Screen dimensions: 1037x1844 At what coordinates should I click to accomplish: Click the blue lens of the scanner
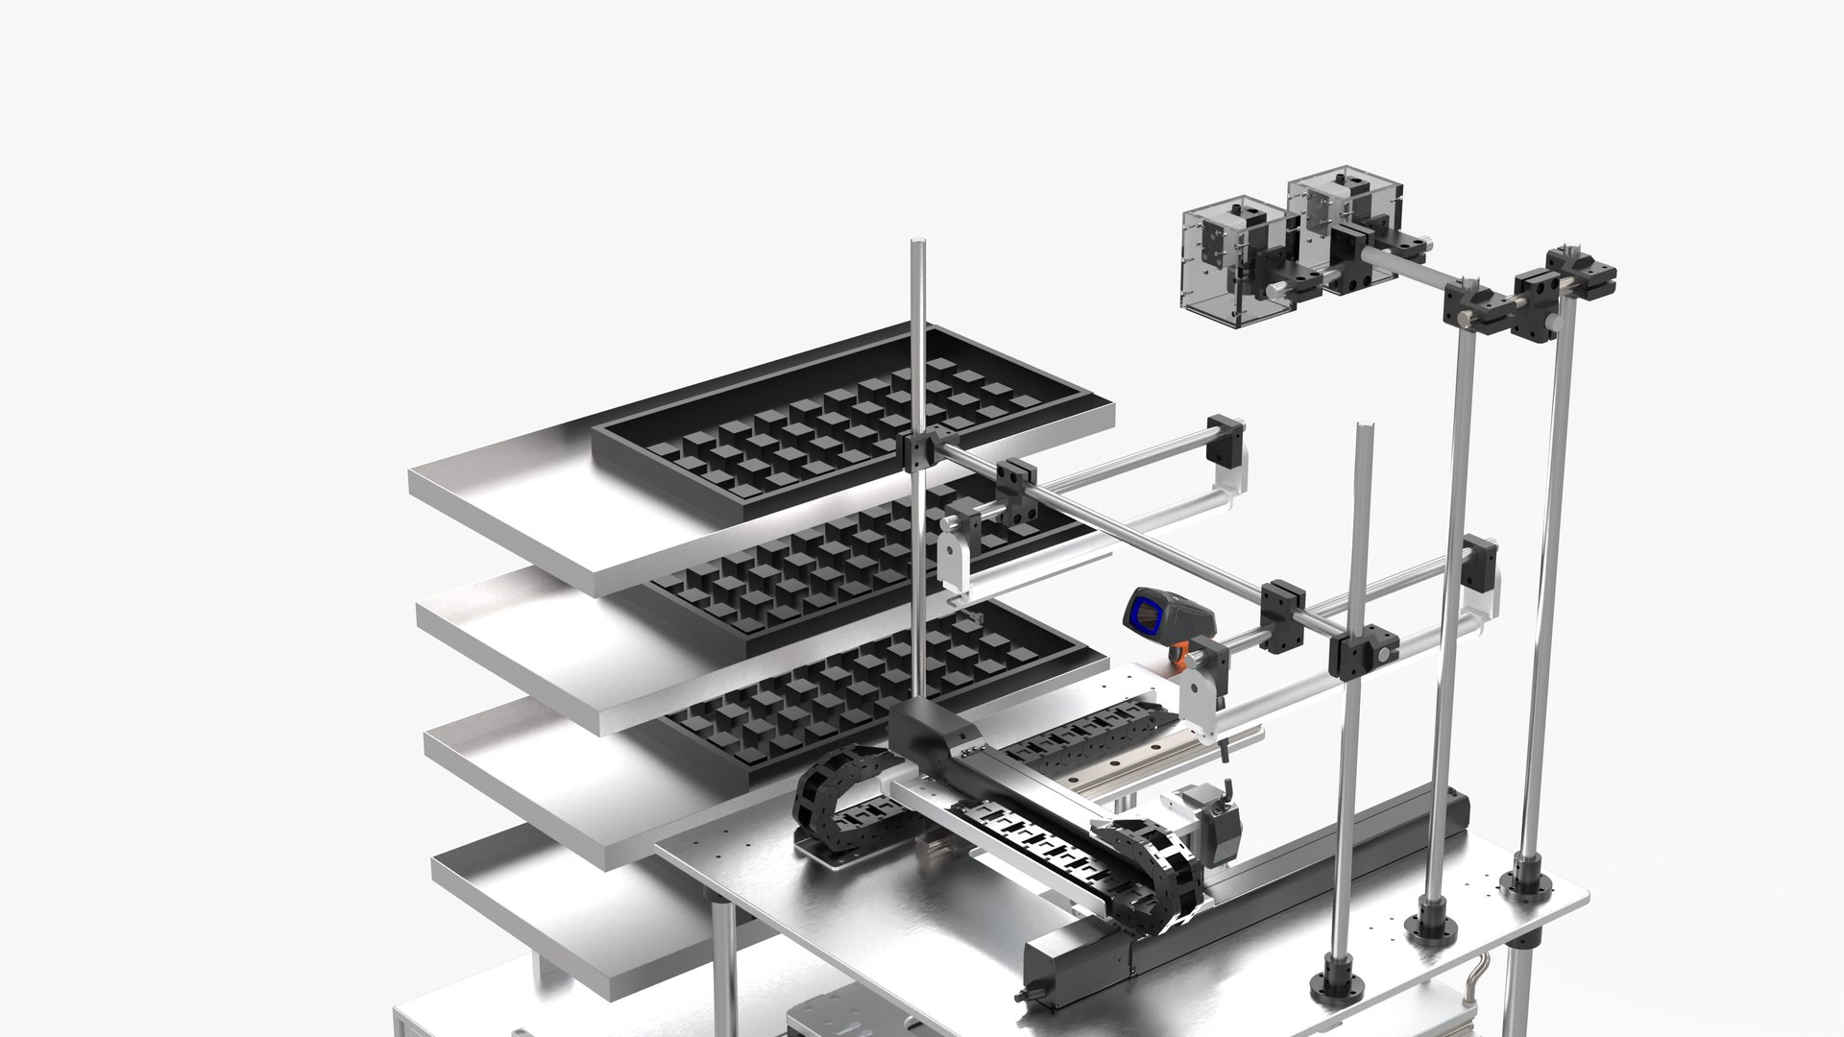1145,615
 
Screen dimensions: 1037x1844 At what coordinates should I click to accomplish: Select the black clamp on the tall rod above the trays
919,448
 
